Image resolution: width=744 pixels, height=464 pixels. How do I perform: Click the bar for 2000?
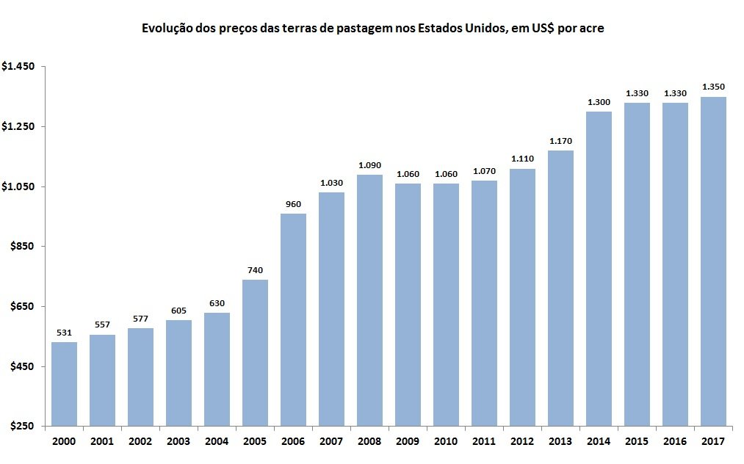pyautogui.click(x=64, y=384)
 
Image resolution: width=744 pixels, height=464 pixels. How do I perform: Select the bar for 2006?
pyautogui.click(x=293, y=320)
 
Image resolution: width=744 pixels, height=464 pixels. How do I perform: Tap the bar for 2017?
pyautogui.click(x=713, y=261)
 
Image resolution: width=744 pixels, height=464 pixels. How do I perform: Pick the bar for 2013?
pyautogui.click(x=560, y=289)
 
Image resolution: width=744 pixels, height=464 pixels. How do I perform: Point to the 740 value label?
pyautogui.click(x=255, y=270)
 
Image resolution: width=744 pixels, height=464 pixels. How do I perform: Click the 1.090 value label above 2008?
pyautogui.click(x=369, y=165)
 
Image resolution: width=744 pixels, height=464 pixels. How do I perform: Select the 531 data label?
pyautogui.click(x=64, y=333)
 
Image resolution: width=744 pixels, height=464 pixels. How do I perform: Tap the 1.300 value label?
pyautogui.click(x=599, y=102)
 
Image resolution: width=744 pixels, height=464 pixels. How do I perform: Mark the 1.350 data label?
pyautogui.click(x=713, y=87)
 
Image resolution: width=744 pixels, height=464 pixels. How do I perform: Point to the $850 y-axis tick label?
pyautogui.click(x=22, y=246)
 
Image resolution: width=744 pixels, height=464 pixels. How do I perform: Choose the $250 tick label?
pyautogui.click(x=22, y=426)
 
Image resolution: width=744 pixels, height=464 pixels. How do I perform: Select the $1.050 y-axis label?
pyautogui.click(x=18, y=186)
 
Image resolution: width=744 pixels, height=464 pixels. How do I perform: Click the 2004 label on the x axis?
pyautogui.click(x=217, y=441)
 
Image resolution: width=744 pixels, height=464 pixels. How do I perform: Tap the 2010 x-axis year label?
pyautogui.click(x=446, y=441)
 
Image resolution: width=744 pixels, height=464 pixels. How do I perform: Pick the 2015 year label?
pyautogui.click(x=637, y=441)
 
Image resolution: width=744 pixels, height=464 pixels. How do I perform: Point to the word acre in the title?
pyautogui.click(x=592, y=29)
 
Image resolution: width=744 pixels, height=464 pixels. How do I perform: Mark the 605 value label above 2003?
pyautogui.click(x=178, y=311)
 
